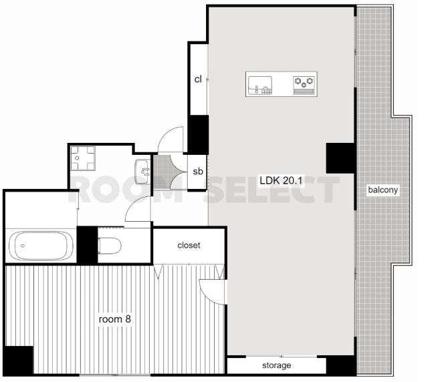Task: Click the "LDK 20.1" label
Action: (281, 180)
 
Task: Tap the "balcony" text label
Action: (383, 190)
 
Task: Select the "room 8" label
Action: (114, 319)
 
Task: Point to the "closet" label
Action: (189, 245)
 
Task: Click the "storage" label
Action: (276, 365)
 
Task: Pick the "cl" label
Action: (198, 79)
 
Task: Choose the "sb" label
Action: (198, 171)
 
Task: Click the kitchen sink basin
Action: (260, 85)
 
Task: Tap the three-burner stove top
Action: (304, 85)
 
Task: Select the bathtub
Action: (41, 246)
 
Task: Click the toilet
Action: (110, 246)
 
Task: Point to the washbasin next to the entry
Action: (142, 172)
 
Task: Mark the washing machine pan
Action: (83, 158)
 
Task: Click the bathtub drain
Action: (23, 246)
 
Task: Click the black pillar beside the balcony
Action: (341, 158)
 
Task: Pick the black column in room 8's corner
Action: (18, 360)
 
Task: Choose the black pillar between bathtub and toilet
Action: (88, 245)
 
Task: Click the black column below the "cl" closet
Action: (198, 135)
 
